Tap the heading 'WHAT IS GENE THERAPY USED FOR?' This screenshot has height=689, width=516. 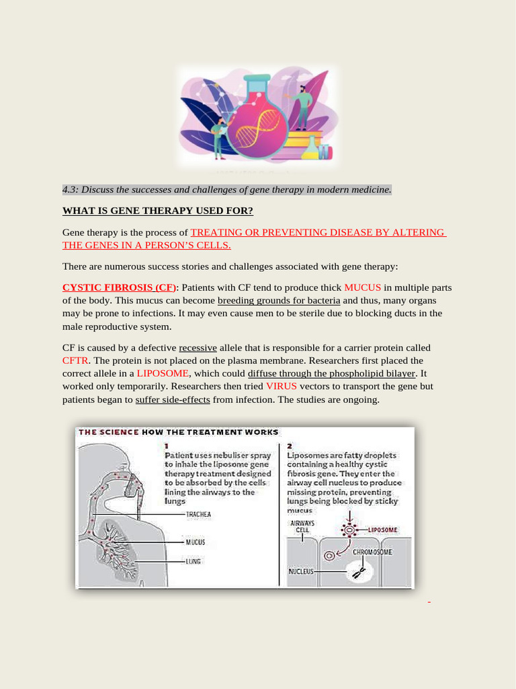pyautogui.click(x=158, y=211)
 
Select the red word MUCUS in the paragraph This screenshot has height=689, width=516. pyautogui.click(x=362, y=287)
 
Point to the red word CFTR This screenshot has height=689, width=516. pyautogui.click(x=75, y=361)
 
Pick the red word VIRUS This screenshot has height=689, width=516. pyautogui.click(x=281, y=386)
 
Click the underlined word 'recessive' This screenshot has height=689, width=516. pyautogui.click(x=198, y=348)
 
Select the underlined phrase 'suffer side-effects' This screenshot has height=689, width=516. pyautogui.click(x=173, y=400)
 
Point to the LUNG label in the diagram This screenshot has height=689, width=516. pyautogui.click(x=194, y=560)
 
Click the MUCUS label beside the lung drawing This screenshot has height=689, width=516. pyautogui.click(x=195, y=542)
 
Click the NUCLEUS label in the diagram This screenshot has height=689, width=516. pyautogui.click(x=301, y=571)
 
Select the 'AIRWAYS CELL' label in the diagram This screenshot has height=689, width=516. pyautogui.click(x=302, y=526)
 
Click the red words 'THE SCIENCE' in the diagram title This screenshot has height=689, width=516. pyautogui.click(x=109, y=432)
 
